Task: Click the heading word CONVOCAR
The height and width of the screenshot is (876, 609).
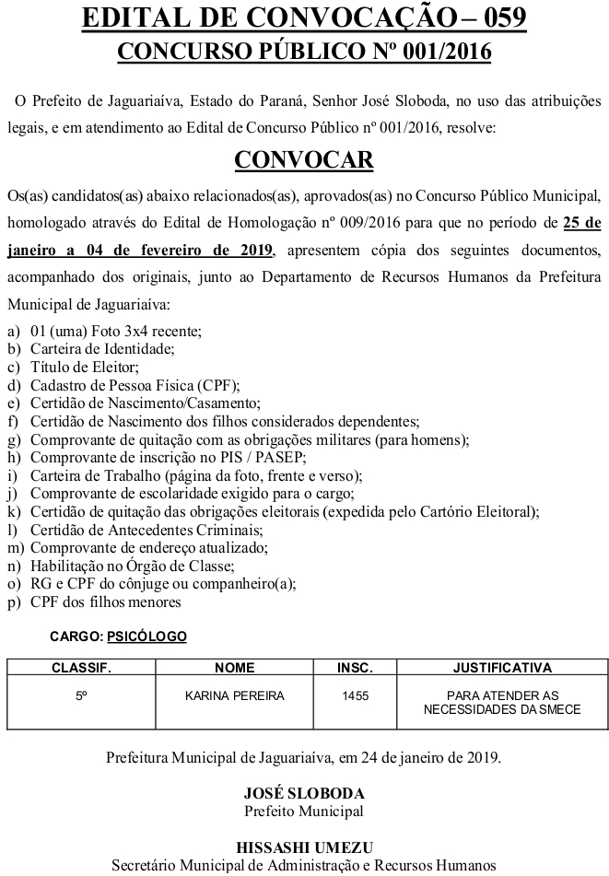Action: pos(304,159)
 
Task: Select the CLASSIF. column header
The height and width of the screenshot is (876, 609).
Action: pos(81,667)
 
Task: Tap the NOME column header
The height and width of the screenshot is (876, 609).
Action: pos(234,667)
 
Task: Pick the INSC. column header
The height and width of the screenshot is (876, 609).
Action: pos(354,667)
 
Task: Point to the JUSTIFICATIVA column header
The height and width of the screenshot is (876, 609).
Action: pos(502,667)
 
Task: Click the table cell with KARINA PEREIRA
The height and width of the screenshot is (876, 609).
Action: pos(234,695)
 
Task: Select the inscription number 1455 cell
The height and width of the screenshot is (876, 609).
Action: pos(354,695)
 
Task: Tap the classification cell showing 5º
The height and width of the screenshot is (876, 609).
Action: pos(81,695)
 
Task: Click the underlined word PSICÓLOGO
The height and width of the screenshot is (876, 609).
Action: pos(146,637)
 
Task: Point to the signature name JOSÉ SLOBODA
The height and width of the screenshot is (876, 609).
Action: pos(304,793)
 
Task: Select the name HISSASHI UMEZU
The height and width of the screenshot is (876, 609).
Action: pos(304,847)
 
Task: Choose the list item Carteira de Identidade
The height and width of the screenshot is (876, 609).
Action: pos(102,348)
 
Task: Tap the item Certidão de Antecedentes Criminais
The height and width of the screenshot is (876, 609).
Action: pos(146,530)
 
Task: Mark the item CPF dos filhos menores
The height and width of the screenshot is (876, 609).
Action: pos(106,602)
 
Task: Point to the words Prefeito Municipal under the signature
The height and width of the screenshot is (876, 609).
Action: pos(304,811)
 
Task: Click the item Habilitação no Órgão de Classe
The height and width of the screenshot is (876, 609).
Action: pos(132,566)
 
